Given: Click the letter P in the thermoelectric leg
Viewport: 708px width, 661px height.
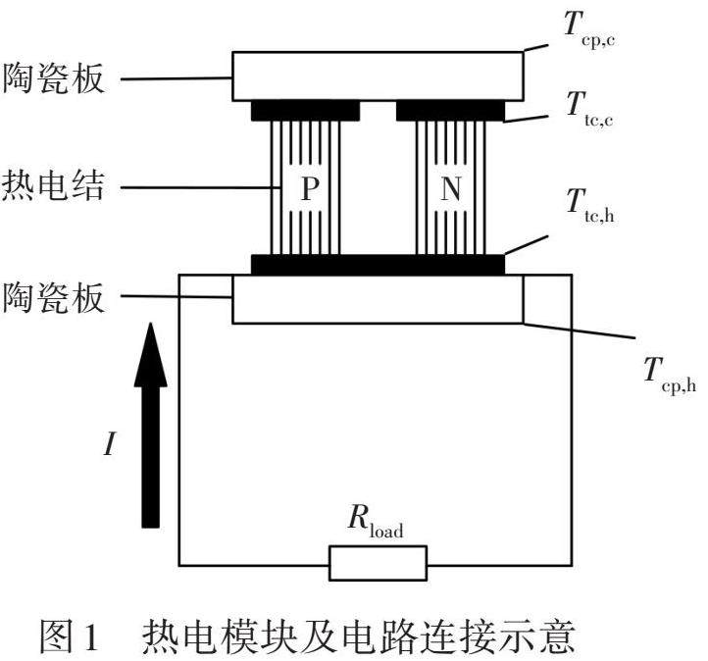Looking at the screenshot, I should click(x=310, y=189).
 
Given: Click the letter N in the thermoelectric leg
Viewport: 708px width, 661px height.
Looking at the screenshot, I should click(x=450, y=189).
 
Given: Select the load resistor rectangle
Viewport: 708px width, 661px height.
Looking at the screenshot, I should click(x=378, y=563).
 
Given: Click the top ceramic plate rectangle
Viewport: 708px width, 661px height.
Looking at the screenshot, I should click(x=378, y=76).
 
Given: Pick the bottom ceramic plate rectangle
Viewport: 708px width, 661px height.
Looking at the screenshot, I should click(x=378, y=300).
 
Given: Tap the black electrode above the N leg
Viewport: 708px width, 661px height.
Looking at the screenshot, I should click(x=450, y=110).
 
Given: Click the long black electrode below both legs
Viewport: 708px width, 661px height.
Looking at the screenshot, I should click(x=378, y=265).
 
